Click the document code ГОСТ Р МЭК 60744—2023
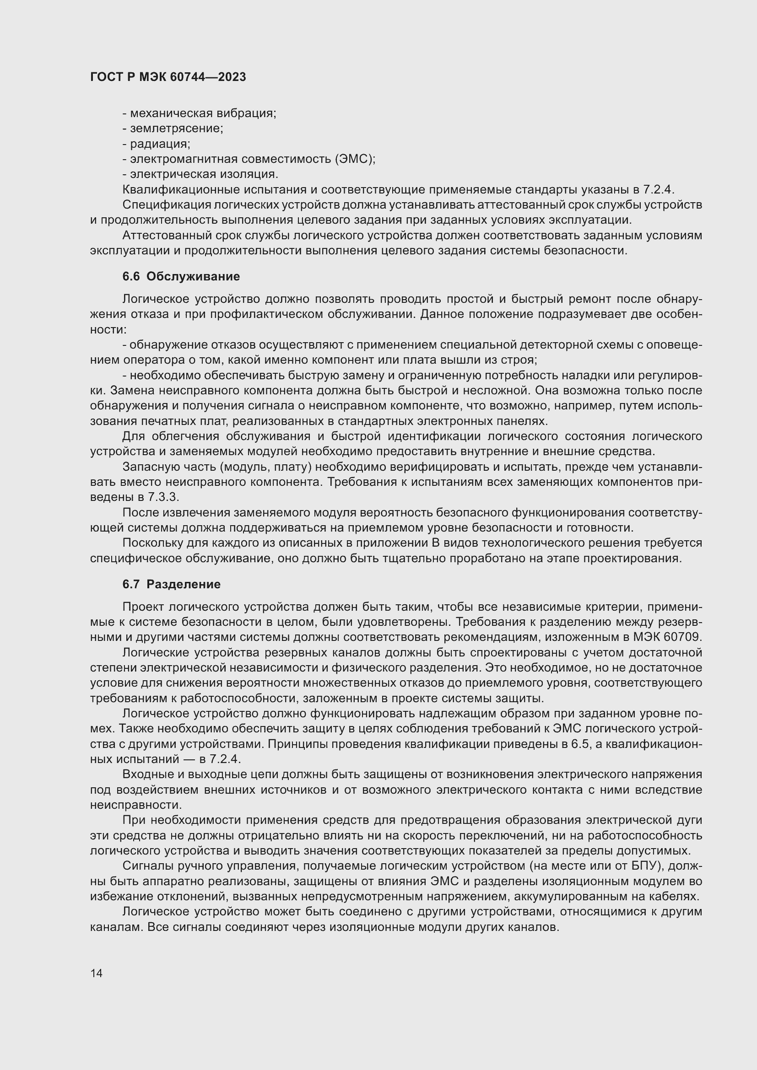point(168,77)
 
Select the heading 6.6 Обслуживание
point(181,276)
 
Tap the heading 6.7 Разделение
point(171,584)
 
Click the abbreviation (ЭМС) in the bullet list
point(354,159)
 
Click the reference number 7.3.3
point(163,497)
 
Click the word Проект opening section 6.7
point(143,607)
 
